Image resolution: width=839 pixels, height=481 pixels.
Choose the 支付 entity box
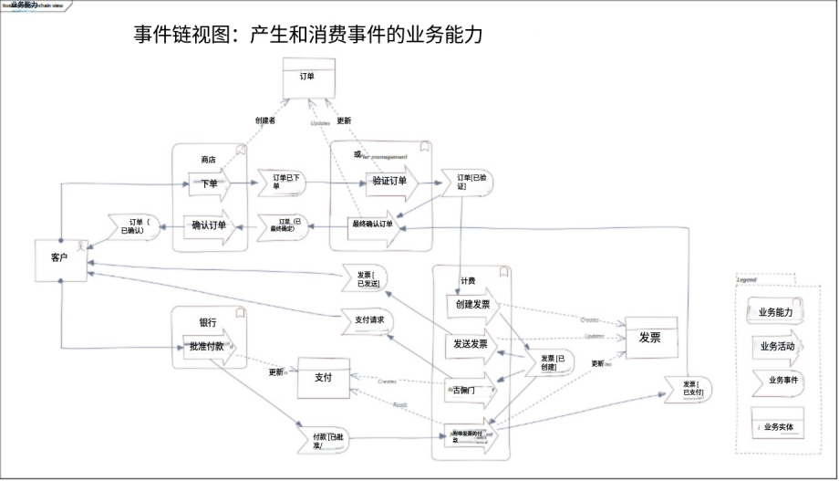pos(323,378)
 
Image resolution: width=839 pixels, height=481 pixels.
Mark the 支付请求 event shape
pos(370,320)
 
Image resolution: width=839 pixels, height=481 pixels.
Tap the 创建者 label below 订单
pos(265,120)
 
